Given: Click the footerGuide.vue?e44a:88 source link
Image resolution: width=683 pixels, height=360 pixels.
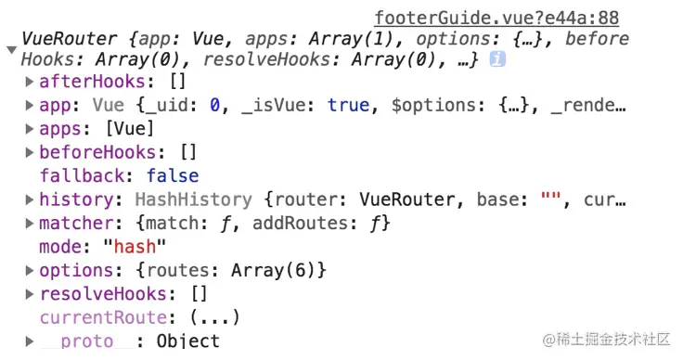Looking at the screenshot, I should (x=496, y=18).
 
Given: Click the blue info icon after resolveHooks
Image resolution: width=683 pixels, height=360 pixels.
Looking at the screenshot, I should (x=497, y=59).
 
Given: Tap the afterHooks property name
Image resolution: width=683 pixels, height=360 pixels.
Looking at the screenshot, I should (x=84, y=82).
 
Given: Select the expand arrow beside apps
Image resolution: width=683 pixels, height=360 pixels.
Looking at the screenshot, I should (x=31, y=129).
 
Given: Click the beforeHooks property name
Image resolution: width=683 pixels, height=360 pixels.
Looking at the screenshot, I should (x=90, y=152).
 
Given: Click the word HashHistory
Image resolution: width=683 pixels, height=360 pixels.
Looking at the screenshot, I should (x=193, y=199).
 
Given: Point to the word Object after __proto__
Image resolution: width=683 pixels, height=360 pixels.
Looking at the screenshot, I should (x=188, y=341).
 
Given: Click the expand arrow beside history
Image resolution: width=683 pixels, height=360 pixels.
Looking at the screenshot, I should (x=31, y=199).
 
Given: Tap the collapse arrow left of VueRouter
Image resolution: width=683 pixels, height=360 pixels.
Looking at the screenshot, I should (x=11, y=49).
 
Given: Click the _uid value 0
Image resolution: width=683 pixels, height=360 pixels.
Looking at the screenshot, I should (x=215, y=105).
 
